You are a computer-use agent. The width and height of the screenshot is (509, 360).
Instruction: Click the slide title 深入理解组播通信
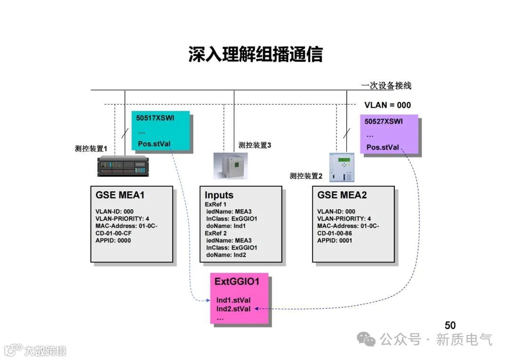coord(255,55)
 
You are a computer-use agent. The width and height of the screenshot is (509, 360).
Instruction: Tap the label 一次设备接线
coord(386,86)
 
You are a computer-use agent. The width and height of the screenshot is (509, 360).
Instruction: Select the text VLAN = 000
coord(387,105)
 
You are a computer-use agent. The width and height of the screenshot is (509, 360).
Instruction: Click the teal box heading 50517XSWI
coord(155,118)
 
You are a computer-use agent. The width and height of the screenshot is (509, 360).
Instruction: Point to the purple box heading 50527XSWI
coord(384,121)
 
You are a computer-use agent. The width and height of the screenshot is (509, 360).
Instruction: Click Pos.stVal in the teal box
coord(154,144)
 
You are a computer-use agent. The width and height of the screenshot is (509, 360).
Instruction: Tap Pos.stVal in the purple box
coord(383,147)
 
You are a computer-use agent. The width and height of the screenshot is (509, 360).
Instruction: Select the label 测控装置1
coord(91,148)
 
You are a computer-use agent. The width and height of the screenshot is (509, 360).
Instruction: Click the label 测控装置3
coord(254,145)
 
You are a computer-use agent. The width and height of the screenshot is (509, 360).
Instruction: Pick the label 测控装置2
coord(306,176)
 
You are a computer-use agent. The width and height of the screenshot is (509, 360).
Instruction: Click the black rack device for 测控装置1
coord(123,166)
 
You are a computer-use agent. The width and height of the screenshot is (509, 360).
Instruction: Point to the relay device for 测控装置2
coord(342,167)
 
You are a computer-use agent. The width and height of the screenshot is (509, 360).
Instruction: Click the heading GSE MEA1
coord(120,195)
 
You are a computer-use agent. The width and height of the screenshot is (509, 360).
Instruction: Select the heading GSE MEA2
coord(342,195)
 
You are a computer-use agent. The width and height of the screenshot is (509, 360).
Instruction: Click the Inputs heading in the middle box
coord(219,195)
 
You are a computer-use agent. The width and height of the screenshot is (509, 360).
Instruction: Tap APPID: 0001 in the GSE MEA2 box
coord(335,240)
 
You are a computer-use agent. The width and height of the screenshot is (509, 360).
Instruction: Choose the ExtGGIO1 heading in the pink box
coord(237,282)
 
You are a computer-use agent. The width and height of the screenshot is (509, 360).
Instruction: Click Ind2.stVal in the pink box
coord(234,309)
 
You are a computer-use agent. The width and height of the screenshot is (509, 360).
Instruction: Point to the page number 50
coord(450,325)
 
